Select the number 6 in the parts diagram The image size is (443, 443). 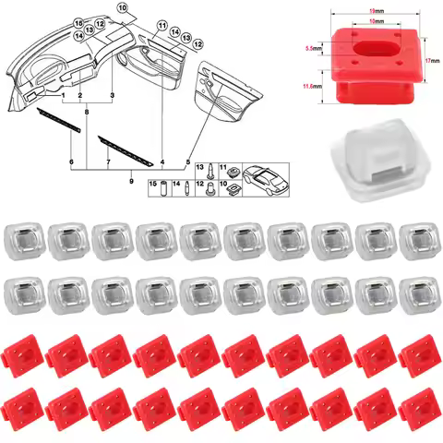[x=71, y=162]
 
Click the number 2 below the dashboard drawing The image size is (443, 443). [x=81, y=96]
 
